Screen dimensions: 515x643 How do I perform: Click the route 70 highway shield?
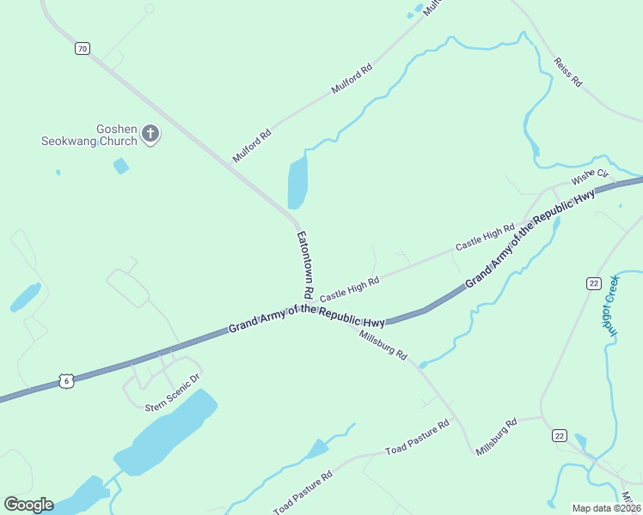[82, 49]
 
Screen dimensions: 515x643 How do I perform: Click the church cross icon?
[150, 133]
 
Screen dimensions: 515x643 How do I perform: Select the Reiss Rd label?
[568, 72]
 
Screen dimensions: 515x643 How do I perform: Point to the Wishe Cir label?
[590, 178]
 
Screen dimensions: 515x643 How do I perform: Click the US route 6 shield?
[65, 380]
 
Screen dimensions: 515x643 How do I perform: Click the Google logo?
[28, 504]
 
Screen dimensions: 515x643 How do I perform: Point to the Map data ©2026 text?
[606, 508]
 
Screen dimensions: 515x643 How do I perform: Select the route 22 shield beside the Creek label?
[593, 283]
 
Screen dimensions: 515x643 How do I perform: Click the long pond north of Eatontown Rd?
[297, 182]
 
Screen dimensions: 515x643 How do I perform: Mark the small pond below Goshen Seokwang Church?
[121, 166]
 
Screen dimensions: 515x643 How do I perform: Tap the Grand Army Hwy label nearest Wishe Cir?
[530, 238]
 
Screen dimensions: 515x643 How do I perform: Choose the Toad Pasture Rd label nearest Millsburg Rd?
[418, 438]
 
